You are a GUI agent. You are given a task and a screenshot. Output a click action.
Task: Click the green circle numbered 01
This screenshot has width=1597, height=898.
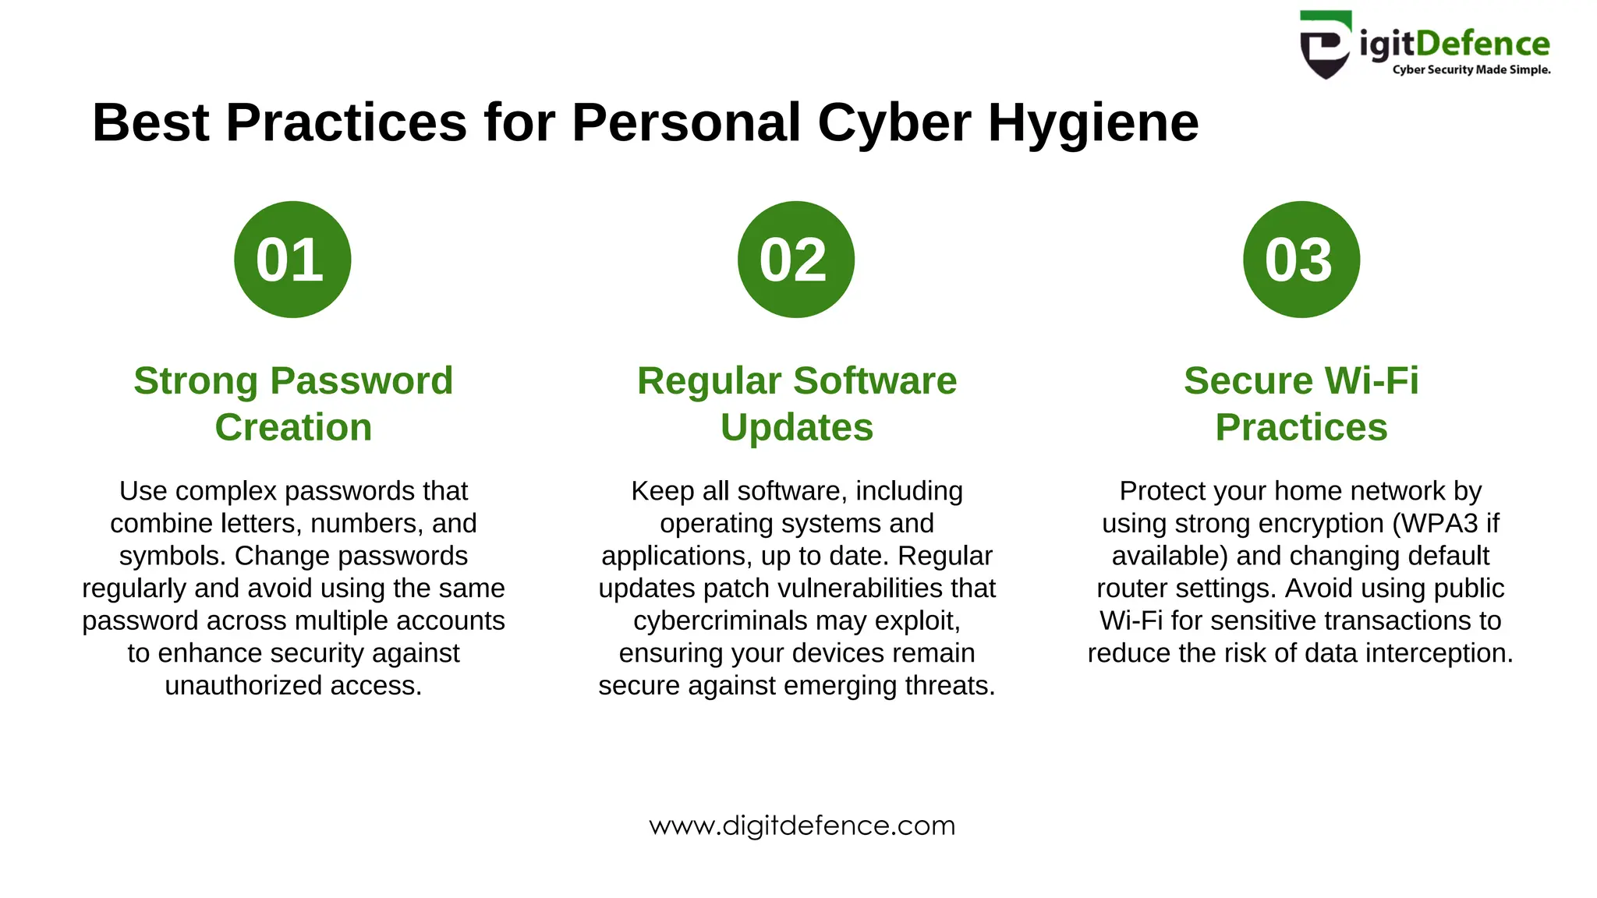(292, 260)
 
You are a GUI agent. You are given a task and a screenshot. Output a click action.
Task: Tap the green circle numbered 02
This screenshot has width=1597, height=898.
(795, 260)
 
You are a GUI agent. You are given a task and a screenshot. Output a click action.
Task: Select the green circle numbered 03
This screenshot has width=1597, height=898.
(1301, 260)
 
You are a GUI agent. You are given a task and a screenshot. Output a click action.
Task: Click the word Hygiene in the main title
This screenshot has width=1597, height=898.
(1093, 123)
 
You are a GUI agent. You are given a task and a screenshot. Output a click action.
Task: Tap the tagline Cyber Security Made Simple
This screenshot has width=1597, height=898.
(1471, 70)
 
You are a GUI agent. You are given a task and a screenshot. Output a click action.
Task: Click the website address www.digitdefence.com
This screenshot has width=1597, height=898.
(802, 826)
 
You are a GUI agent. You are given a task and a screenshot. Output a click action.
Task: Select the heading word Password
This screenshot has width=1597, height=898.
(361, 381)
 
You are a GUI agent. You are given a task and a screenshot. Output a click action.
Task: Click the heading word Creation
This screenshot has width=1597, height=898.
(293, 428)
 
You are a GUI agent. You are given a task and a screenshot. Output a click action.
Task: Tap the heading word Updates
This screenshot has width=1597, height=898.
(796, 428)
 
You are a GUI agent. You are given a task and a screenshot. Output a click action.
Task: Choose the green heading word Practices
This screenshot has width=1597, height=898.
(1301, 428)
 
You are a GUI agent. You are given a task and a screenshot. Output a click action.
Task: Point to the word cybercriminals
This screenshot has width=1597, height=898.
(720, 620)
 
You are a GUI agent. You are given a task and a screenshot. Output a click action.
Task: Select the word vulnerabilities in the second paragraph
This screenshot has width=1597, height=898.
(859, 589)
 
